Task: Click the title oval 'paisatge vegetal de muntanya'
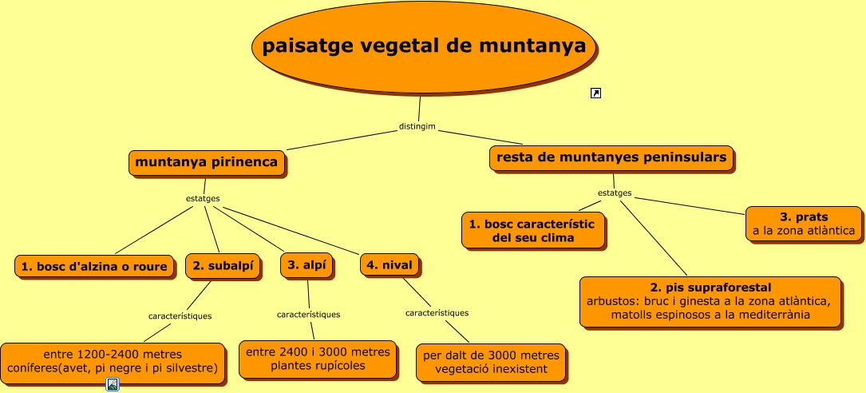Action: coord(424,47)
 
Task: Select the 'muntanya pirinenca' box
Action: coord(207,163)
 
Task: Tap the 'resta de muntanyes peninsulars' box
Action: coord(611,158)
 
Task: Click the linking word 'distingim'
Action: coord(417,127)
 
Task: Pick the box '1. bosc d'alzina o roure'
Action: coord(95,267)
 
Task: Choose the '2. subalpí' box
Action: coord(223,267)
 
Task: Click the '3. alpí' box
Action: coord(306,266)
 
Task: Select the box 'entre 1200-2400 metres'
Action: coord(112,360)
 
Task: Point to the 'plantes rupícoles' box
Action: coord(318,359)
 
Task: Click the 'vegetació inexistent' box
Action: coord(491,362)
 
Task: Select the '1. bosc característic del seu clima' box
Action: coord(532,230)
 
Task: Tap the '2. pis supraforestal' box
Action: coord(710,301)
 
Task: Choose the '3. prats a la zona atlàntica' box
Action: coord(803,224)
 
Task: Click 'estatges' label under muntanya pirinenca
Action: coord(203,198)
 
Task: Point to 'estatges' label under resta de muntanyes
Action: coord(615,193)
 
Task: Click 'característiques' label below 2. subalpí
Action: coord(180,316)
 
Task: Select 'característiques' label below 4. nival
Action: coord(437,312)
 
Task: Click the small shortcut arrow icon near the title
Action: coord(595,93)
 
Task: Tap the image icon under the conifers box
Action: coord(113,385)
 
